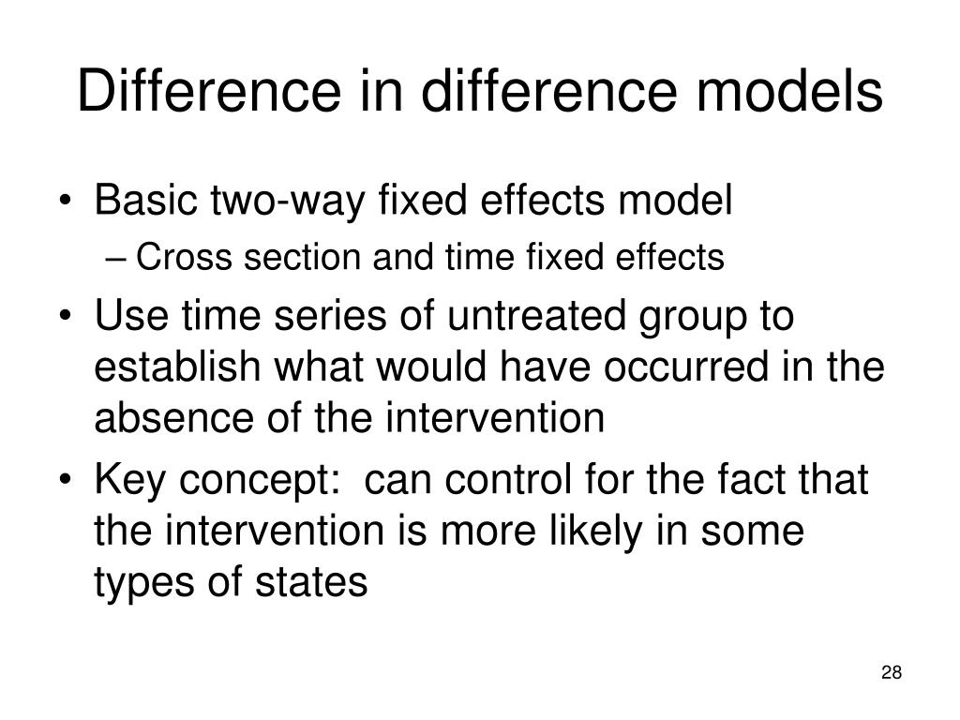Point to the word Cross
(x=174, y=257)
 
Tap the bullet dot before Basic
(x=71, y=202)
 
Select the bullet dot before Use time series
(x=71, y=317)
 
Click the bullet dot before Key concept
(x=71, y=482)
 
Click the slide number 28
(x=892, y=672)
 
